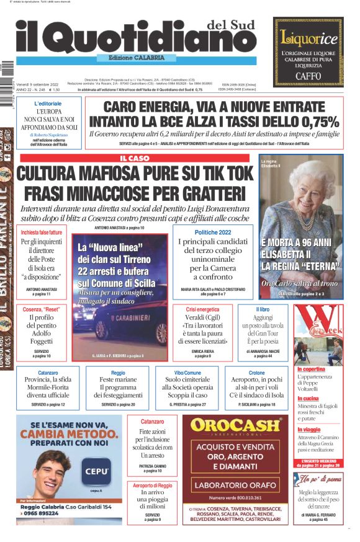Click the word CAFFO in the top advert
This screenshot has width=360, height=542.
(308, 73)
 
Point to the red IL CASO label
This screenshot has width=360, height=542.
(135, 159)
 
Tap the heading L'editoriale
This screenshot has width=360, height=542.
(48, 104)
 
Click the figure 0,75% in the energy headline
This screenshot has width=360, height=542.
(316, 122)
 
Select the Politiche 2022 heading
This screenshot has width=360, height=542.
(213, 231)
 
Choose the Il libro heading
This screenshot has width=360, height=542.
(263, 309)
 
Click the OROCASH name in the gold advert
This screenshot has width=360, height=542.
(234, 425)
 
